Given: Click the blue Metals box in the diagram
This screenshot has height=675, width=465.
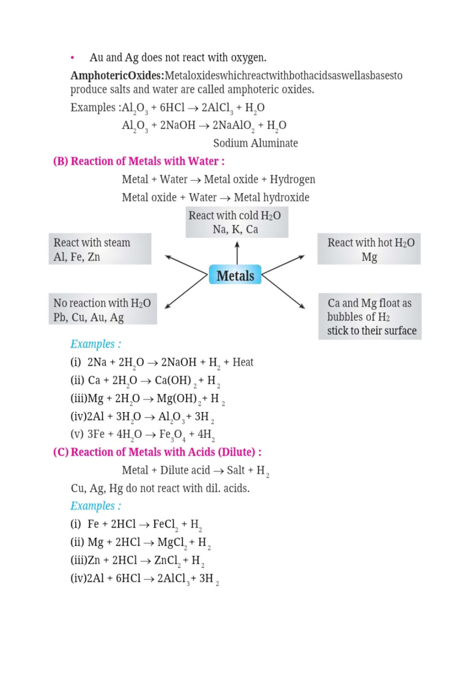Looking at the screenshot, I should tap(235, 275).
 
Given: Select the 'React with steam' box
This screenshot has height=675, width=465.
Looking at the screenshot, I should tap(100, 249).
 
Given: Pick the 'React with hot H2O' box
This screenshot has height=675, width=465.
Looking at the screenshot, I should tap(369, 249).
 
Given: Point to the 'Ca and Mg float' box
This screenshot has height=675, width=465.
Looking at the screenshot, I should tap(370, 317).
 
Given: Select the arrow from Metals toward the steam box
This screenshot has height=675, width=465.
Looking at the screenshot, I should tap(186, 265).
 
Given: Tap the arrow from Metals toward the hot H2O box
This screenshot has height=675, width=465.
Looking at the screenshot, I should tap(284, 265).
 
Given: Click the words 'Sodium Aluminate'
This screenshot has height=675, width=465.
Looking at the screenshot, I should tap(255, 143).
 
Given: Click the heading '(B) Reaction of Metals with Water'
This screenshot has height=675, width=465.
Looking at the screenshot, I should tap(139, 161).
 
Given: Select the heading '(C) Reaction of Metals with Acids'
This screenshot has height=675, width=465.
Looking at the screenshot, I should tap(157, 452).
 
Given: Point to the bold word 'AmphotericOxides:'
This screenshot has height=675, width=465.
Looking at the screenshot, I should tap(117, 76).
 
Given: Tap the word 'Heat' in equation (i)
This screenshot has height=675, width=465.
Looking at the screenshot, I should tap(243, 362).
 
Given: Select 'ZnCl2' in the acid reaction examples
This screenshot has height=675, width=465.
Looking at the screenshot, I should tap(167, 560).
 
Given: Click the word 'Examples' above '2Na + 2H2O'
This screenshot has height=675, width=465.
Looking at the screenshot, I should tap(92, 344).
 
